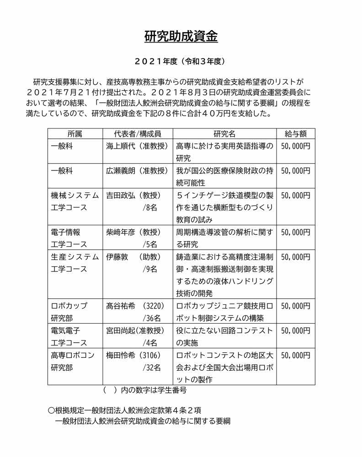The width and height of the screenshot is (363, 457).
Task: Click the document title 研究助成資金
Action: (181, 36)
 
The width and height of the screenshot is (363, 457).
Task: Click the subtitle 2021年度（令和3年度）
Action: (181, 61)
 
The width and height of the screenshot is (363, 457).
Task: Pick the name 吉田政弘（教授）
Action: (133, 195)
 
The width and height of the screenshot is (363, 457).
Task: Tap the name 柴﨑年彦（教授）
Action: (133, 232)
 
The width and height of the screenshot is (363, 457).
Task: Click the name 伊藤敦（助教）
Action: (133, 257)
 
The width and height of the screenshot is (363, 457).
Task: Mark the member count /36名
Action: (151, 318)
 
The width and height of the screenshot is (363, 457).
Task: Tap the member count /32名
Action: (151, 367)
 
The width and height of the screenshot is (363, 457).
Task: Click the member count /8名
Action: (150, 207)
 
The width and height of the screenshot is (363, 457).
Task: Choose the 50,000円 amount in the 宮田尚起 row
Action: (295, 330)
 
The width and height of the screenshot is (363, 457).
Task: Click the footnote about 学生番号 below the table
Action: (145, 391)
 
